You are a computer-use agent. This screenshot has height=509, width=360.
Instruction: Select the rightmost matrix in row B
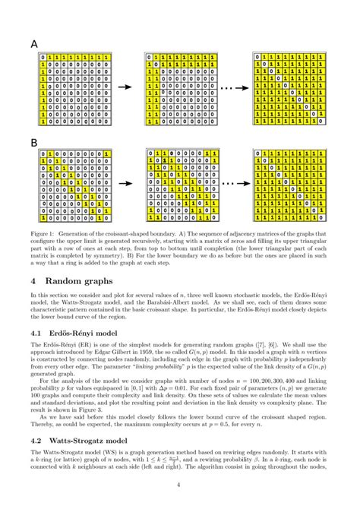287,185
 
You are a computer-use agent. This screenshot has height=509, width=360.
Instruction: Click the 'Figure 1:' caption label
45,232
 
